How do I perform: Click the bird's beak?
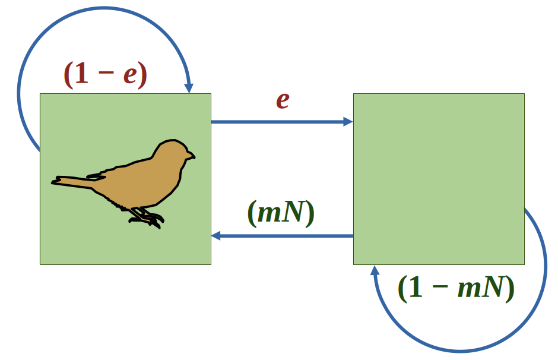[x=191, y=157]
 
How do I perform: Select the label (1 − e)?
[x=105, y=74]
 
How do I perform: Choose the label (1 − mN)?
[x=456, y=289]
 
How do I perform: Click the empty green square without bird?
[x=439, y=178]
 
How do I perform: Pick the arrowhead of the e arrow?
[x=348, y=122]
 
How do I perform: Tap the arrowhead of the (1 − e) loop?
[x=189, y=88]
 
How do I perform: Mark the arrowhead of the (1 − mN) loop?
[x=375, y=271]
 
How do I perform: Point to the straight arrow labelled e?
[x=279, y=122]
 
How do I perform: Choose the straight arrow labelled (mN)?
[x=285, y=236]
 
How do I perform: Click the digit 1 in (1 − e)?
[x=81, y=74]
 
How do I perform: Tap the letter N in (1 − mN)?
[x=494, y=289]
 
